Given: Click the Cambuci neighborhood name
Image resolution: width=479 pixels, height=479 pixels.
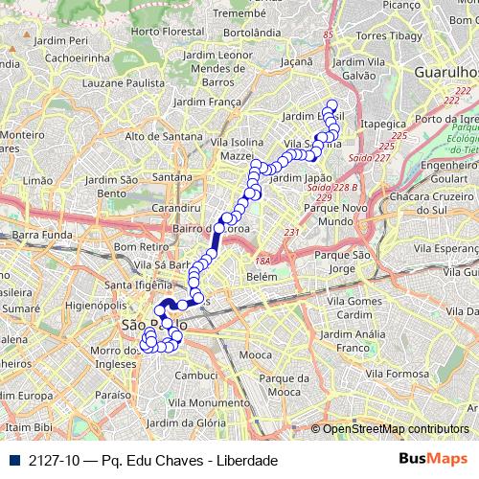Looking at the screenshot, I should point(196,376).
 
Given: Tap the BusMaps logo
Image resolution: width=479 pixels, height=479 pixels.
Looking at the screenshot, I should point(433,459).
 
